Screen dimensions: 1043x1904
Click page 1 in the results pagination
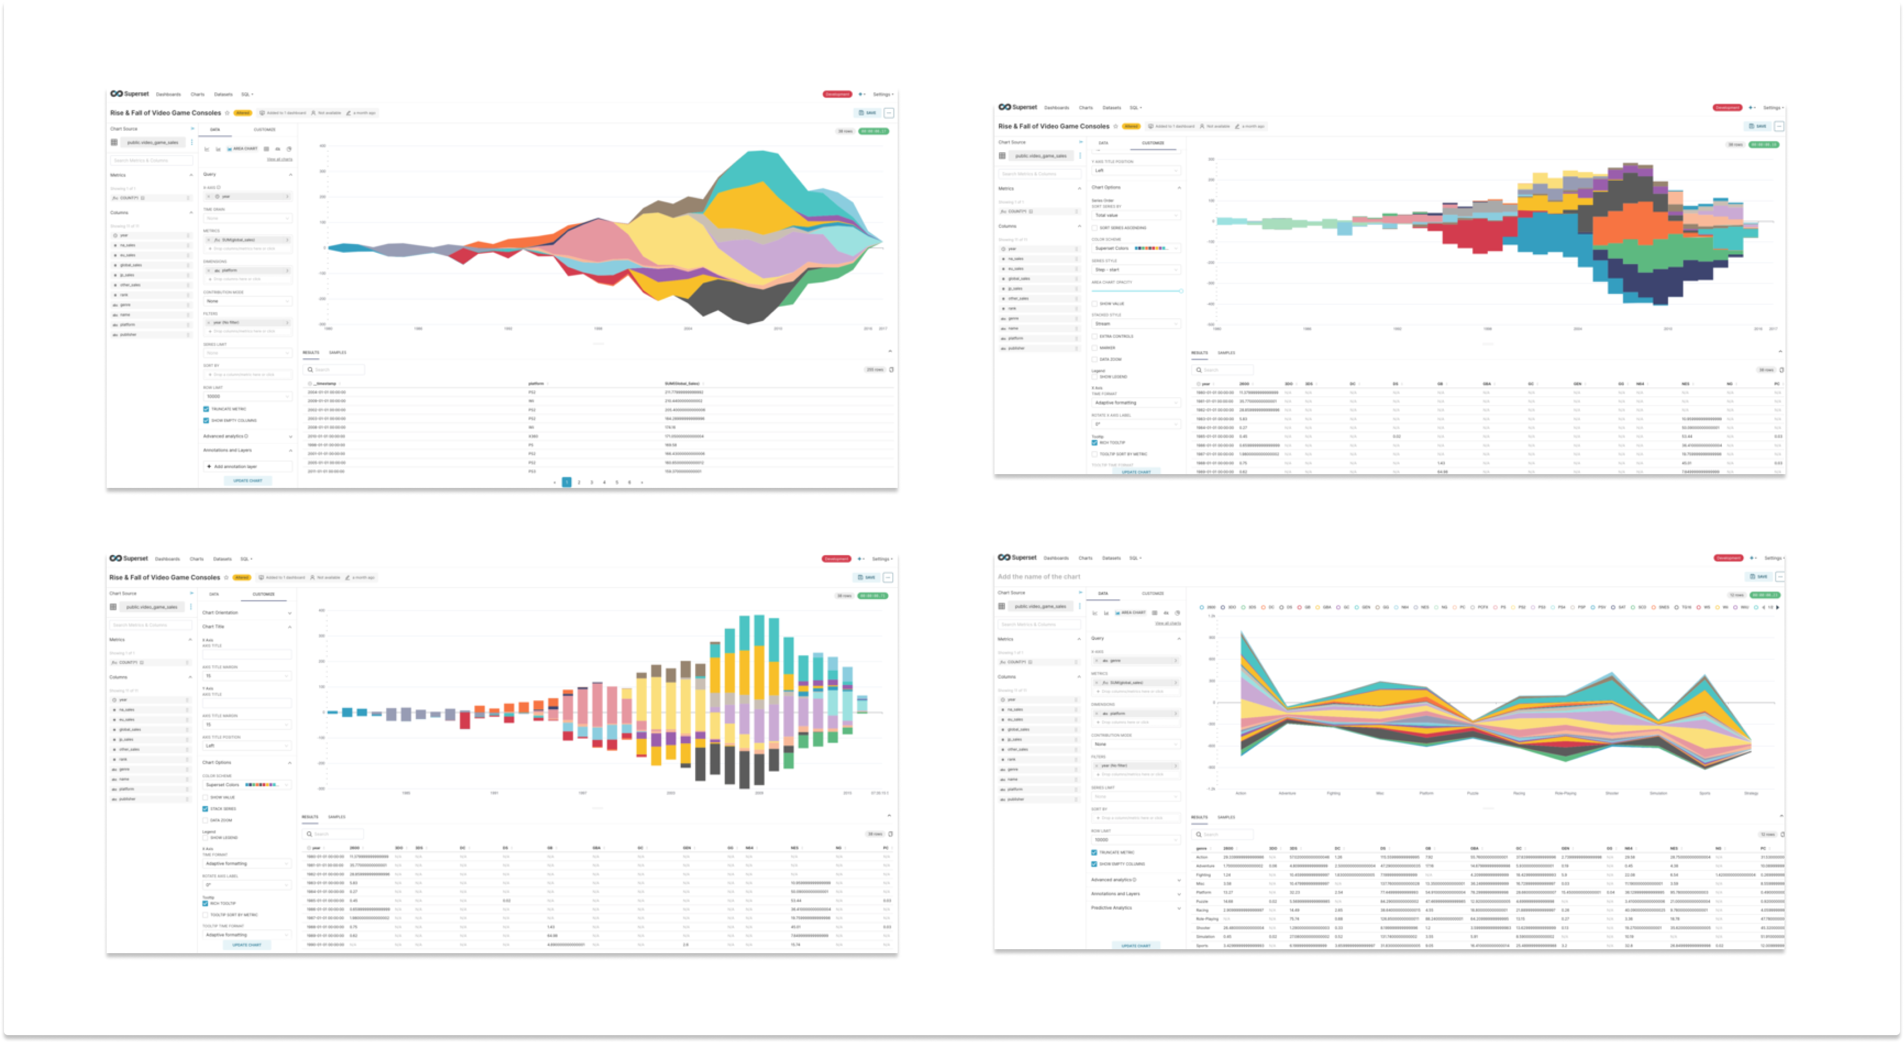point(567,482)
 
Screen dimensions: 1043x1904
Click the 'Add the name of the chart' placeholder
point(1038,577)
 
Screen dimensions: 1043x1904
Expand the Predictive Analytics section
point(1111,908)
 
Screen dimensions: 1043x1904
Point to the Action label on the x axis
point(1241,793)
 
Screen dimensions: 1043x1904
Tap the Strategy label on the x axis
point(1751,793)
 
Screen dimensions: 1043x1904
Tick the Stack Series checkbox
point(205,809)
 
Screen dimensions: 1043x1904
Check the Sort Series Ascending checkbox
point(1095,228)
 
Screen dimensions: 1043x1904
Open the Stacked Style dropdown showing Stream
point(1135,324)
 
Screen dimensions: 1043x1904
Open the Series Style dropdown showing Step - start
point(1135,270)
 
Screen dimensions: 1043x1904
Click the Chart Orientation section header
point(220,613)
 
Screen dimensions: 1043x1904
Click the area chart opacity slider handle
point(1181,291)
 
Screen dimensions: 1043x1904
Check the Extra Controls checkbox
point(1095,336)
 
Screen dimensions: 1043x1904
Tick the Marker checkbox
point(1095,348)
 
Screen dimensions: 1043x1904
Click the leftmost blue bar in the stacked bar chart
point(333,713)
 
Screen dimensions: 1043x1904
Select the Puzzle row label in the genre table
point(1202,901)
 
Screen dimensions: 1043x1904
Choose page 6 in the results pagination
point(630,482)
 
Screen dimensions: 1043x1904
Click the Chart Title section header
point(214,627)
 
